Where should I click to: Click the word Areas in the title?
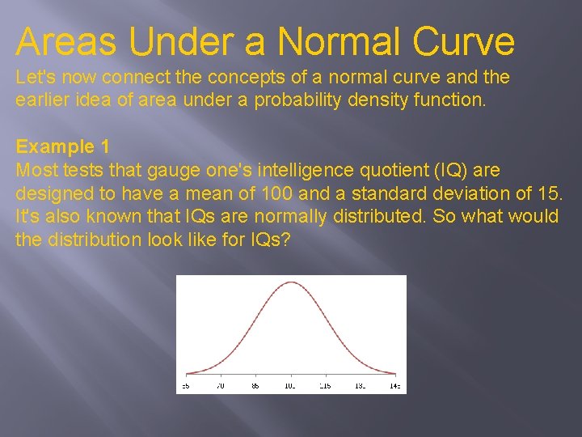65,41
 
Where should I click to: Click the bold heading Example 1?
62,146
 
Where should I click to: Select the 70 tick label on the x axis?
221,387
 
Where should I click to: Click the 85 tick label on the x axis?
255,387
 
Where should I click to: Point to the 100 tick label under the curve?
290,387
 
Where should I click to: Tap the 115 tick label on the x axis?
325,387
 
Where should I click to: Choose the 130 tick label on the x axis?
360,387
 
